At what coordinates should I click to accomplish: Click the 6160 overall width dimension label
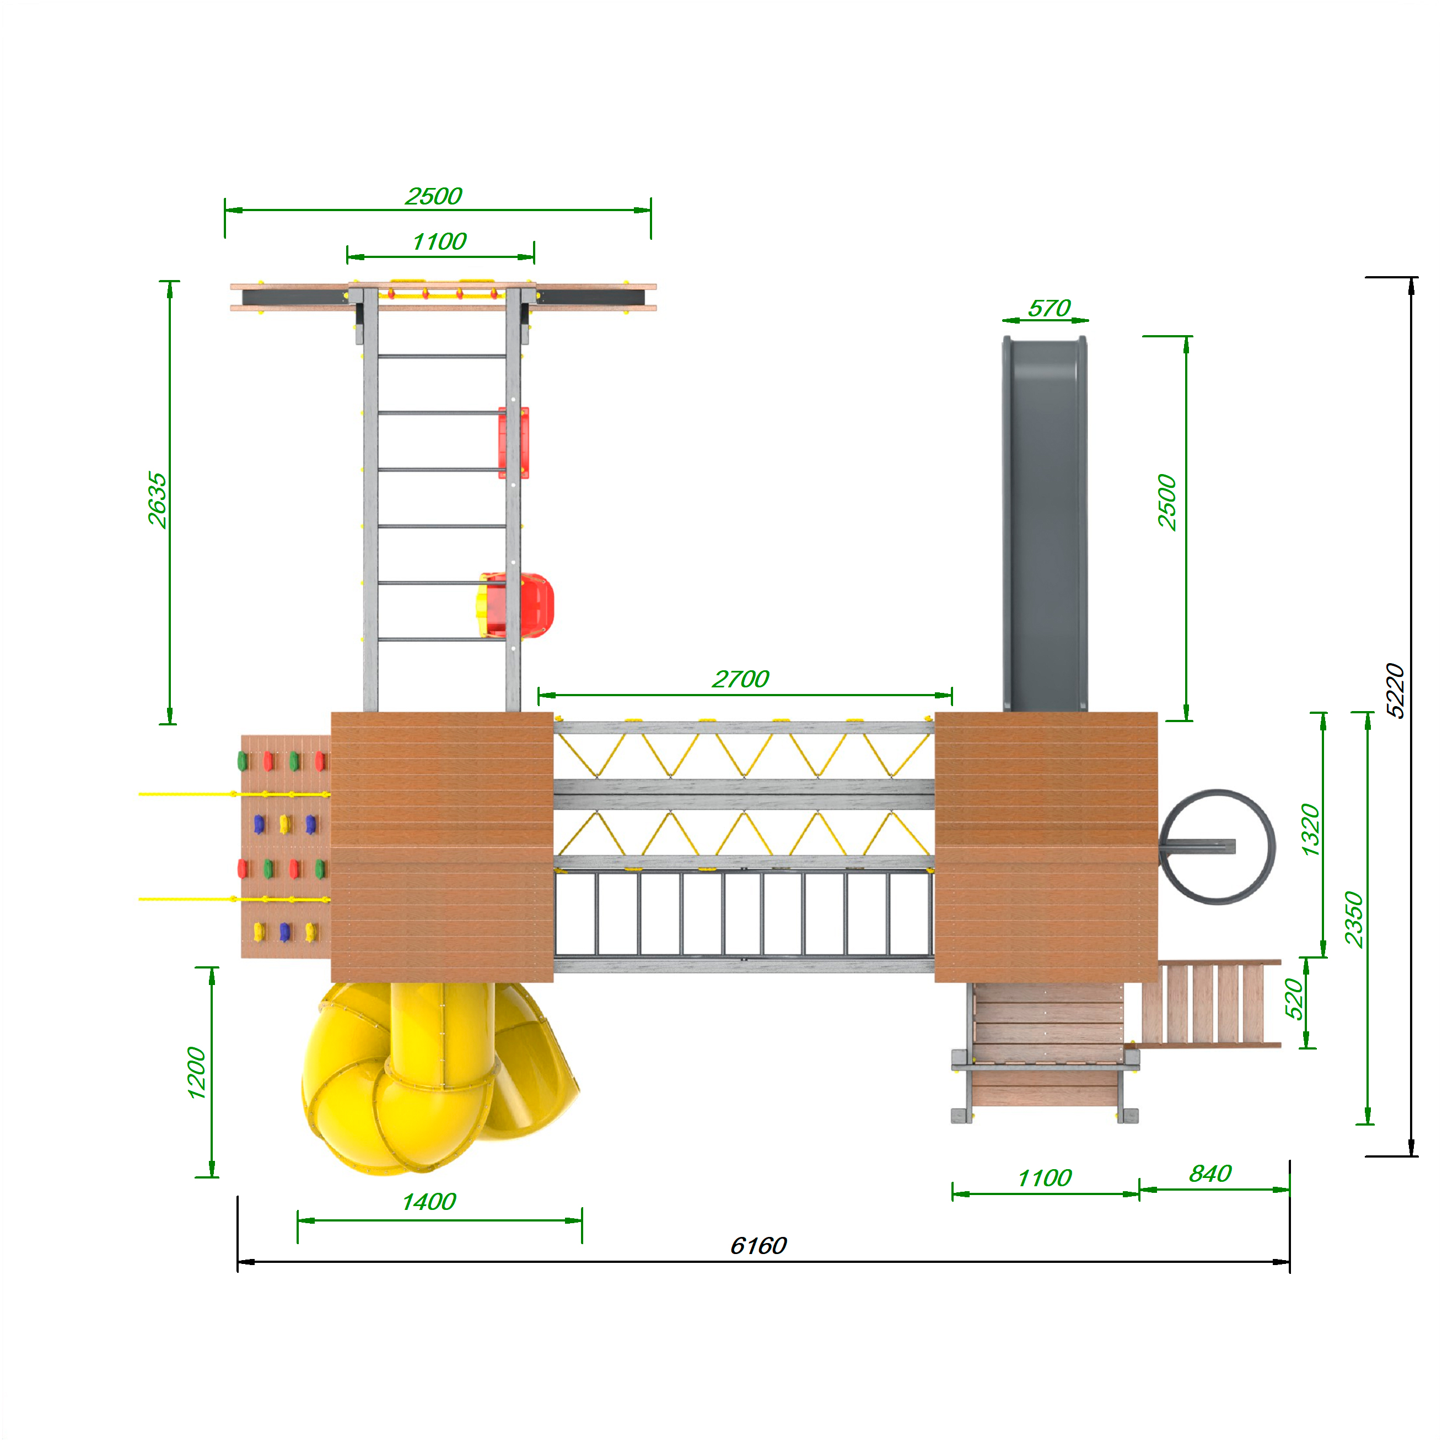coord(757,1246)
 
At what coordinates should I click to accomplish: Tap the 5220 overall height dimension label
coord(1395,690)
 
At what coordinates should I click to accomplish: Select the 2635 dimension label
coord(157,500)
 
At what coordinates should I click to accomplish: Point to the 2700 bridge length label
coord(740,679)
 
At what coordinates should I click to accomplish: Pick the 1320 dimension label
coord(1310,830)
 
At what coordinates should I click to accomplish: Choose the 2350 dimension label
coord(1353,919)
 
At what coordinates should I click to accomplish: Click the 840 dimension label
coord(1210,1174)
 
